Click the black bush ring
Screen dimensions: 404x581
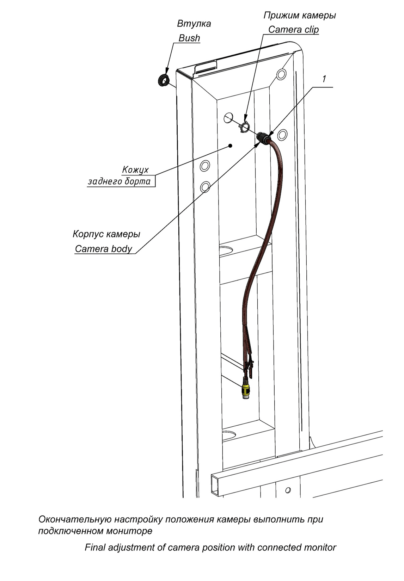pyautogui.click(x=163, y=80)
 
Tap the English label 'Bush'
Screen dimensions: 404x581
pyautogui.click(x=189, y=38)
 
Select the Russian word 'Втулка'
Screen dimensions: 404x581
pyautogui.click(x=194, y=24)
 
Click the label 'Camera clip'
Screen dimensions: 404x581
pyautogui.click(x=293, y=30)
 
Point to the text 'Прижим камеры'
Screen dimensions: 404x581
pyautogui.click(x=300, y=16)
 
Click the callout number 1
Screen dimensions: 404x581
pyautogui.click(x=324, y=79)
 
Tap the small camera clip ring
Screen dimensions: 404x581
pyautogui.click(x=244, y=128)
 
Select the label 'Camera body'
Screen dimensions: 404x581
pyautogui.click(x=104, y=249)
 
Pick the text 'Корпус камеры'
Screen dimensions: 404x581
pyautogui.click(x=106, y=234)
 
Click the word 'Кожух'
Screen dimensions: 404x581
pyautogui.click(x=135, y=170)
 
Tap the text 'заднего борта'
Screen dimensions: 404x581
pyautogui.click(x=119, y=181)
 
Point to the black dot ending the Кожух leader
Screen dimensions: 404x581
pyautogui.click(x=230, y=146)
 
